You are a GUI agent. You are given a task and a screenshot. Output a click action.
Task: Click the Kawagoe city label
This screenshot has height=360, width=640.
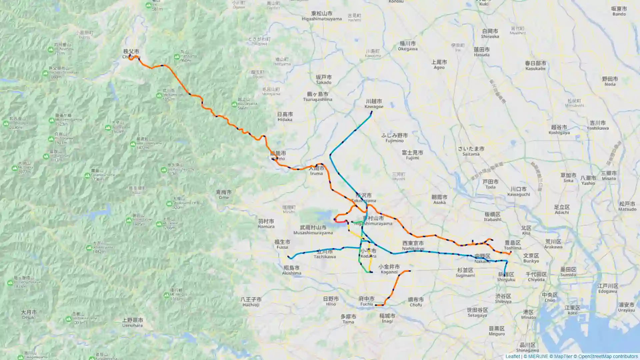click(374, 104)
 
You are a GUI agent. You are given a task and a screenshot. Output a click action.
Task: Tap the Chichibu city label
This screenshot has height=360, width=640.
click(131, 54)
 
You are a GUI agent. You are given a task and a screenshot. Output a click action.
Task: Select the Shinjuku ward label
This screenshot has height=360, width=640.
click(506, 277)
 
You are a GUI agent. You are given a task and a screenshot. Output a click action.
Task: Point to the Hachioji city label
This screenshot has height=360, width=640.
click(251, 302)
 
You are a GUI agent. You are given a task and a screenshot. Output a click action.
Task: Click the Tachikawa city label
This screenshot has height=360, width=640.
click(324, 254)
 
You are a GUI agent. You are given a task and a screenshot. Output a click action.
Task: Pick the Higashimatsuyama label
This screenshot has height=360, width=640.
click(322, 16)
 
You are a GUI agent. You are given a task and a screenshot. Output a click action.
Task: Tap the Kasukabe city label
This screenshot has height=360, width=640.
click(535, 66)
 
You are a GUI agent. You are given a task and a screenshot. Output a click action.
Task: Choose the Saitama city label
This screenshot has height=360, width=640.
click(471, 151)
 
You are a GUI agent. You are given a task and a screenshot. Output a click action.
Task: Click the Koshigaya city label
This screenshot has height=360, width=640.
click(559, 130)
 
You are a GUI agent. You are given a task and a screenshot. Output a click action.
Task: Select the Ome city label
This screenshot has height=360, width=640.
click(224, 195)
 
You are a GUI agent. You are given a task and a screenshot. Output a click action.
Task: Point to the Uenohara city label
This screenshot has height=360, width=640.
click(132, 323)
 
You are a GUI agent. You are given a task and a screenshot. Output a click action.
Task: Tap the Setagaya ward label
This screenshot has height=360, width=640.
click(477, 312)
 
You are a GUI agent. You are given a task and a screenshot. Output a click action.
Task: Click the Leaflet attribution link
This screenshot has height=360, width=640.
click(512, 356)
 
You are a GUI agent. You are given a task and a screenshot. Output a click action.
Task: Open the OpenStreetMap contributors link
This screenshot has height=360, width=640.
click(608, 356)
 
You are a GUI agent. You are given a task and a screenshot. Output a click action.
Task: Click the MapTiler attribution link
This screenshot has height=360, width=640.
click(563, 356)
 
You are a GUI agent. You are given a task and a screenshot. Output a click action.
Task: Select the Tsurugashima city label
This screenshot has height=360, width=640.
click(317, 97)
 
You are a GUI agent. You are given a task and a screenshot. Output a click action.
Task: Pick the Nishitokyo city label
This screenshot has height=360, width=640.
click(413, 246)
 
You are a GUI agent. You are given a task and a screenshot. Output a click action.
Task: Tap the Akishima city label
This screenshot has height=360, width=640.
click(292, 270)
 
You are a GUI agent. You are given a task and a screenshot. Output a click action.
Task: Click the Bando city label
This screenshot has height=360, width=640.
click(619, 11)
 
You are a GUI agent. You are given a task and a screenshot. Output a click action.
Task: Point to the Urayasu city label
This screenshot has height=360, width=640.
click(626, 307)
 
